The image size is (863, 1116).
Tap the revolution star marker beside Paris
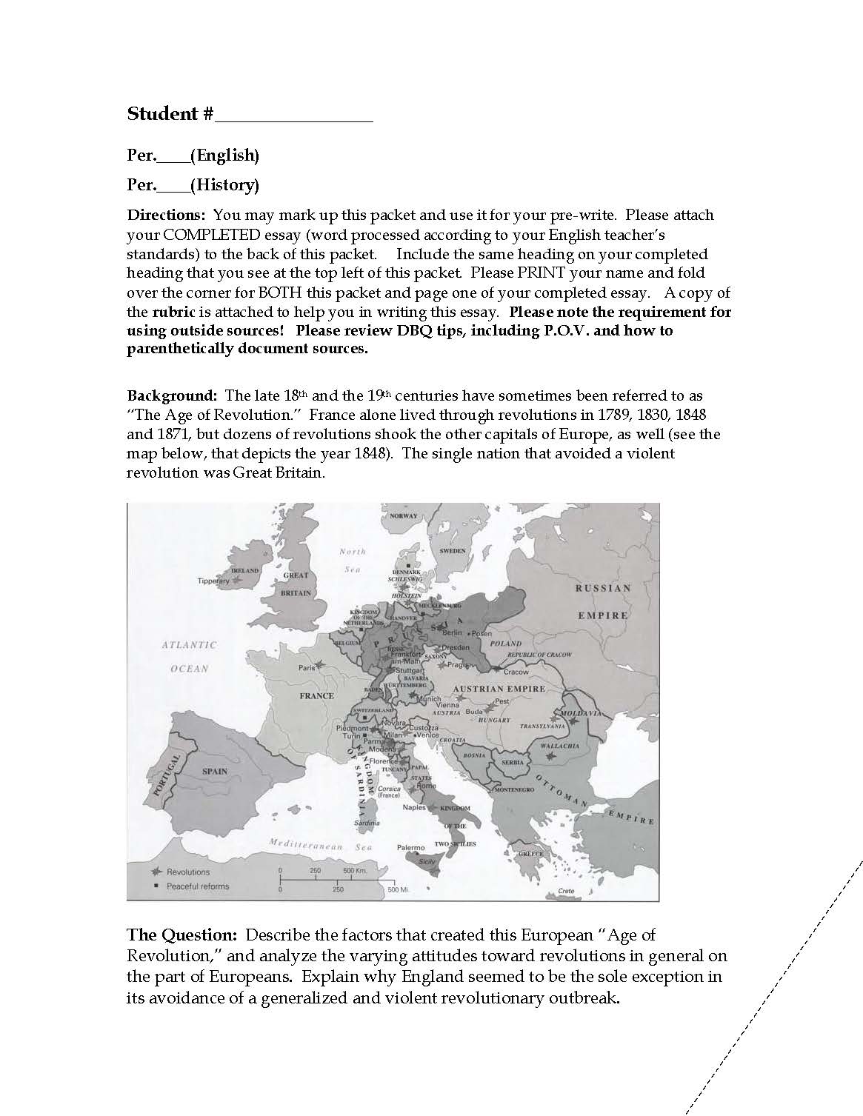(x=320, y=664)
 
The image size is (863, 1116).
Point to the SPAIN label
(x=215, y=771)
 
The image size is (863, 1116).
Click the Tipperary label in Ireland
(x=213, y=581)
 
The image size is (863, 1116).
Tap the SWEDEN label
(x=453, y=551)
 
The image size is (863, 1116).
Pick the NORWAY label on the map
(x=404, y=516)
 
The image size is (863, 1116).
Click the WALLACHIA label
(x=559, y=746)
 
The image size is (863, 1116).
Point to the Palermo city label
(x=410, y=847)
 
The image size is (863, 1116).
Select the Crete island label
(x=566, y=891)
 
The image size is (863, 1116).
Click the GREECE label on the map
(x=530, y=854)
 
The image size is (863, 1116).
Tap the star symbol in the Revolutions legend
(x=156, y=872)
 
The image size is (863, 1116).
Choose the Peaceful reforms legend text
(x=198, y=886)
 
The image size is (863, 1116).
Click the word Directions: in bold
(x=167, y=215)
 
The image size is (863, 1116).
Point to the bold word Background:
(x=172, y=396)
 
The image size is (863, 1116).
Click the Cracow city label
(x=516, y=672)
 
